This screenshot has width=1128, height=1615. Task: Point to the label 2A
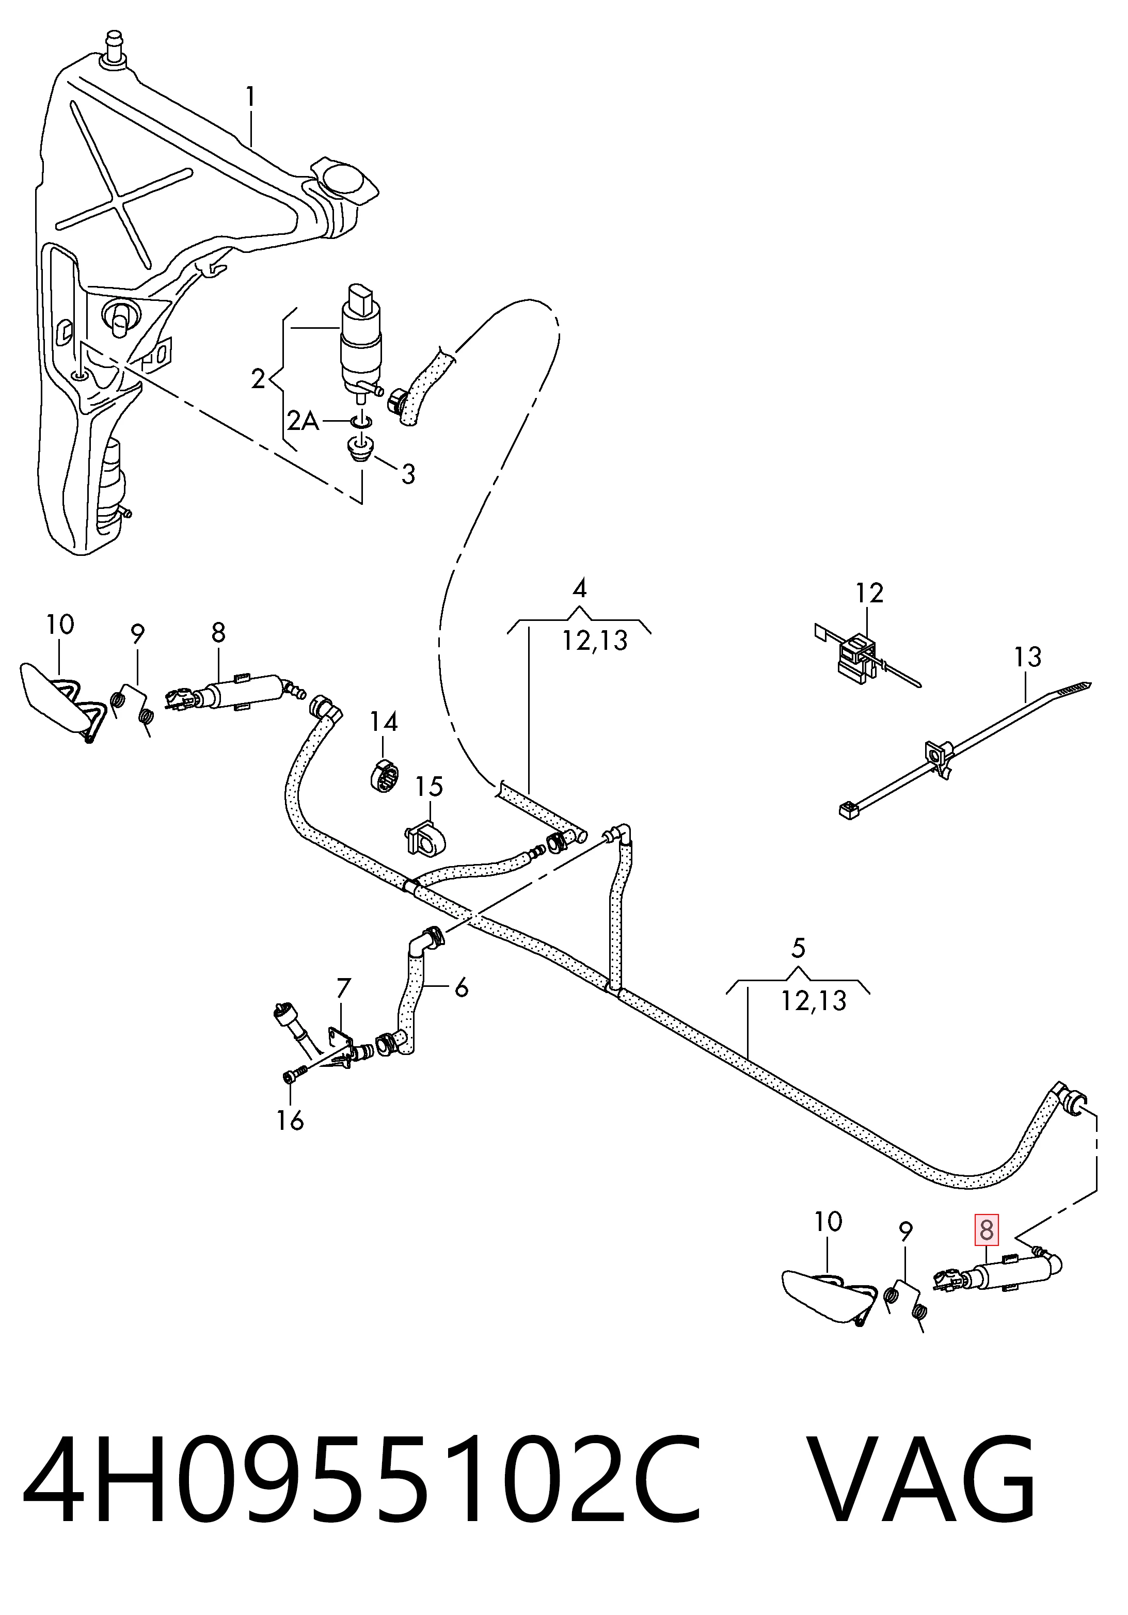point(303,421)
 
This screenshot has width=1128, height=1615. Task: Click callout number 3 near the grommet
point(408,474)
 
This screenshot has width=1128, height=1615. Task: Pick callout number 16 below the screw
point(290,1120)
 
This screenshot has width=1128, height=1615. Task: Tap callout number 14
point(384,723)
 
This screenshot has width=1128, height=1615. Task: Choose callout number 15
point(428,786)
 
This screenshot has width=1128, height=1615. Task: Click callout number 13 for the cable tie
point(1027,658)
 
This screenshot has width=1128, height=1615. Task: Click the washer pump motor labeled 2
point(360,339)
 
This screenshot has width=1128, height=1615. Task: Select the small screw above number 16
point(295,1076)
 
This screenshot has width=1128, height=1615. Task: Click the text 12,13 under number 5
point(814,1000)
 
